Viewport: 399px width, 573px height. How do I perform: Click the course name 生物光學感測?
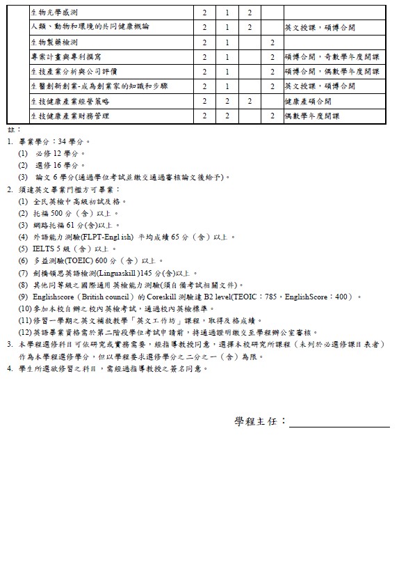[55, 13]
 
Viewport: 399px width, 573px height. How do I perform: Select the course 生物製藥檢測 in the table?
[55, 42]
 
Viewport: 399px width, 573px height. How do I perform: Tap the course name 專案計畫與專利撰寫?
[65, 57]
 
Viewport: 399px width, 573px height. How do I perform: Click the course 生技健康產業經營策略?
[70, 101]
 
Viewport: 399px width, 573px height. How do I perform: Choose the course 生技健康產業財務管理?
[70, 116]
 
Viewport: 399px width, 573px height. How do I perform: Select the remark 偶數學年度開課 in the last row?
[313, 116]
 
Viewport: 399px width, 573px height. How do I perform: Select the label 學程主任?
[260, 422]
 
